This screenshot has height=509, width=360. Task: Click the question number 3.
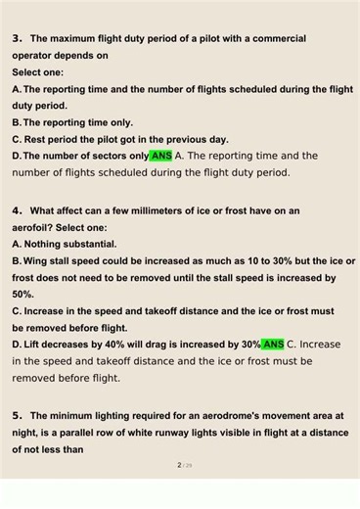point(18,39)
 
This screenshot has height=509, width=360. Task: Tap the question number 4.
point(18,210)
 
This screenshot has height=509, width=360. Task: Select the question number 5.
point(18,416)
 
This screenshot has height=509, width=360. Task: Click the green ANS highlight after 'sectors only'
point(161,156)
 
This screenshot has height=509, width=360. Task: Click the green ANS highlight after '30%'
point(274,345)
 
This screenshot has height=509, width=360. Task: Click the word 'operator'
point(33,56)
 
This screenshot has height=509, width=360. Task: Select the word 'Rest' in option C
point(35,139)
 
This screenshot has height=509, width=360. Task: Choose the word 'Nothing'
point(46,244)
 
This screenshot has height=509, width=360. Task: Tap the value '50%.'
point(23,294)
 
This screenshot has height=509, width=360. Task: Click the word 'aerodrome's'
point(241,416)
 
